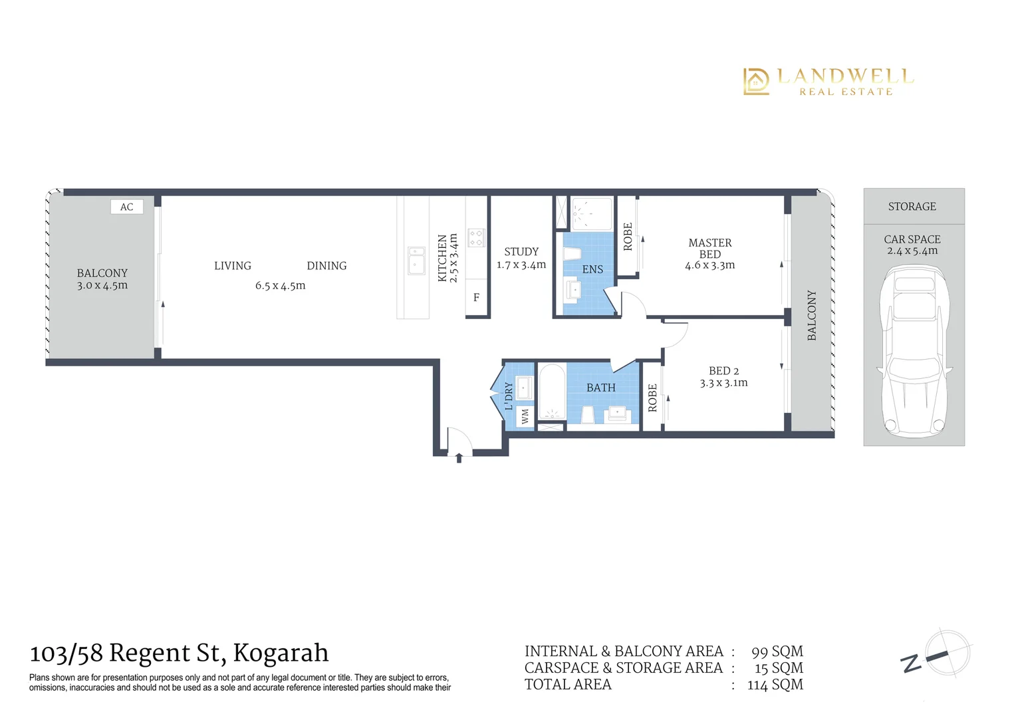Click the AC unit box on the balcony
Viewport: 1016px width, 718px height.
click(126, 207)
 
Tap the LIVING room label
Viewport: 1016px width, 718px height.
click(233, 266)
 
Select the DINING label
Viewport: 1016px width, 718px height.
click(326, 266)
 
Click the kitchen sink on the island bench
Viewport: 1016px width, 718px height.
click(417, 261)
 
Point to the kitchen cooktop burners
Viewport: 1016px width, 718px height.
click(476, 238)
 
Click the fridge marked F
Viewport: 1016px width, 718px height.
click(476, 298)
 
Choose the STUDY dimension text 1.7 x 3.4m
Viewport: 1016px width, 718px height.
click(521, 265)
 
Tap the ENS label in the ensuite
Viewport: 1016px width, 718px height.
click(592, 269)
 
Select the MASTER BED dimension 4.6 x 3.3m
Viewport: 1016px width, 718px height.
click(709, 265)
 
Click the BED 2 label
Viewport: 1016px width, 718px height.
click(723, 371)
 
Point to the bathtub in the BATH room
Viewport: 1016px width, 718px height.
click(551, 392)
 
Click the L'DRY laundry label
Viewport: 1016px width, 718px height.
click(509, 396)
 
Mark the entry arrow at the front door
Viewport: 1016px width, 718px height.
click(459, 457)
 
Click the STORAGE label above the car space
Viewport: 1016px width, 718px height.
click(912, 207)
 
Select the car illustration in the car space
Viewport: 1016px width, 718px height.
click(914, 349)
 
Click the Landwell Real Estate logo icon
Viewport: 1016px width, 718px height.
click(756, 81)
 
